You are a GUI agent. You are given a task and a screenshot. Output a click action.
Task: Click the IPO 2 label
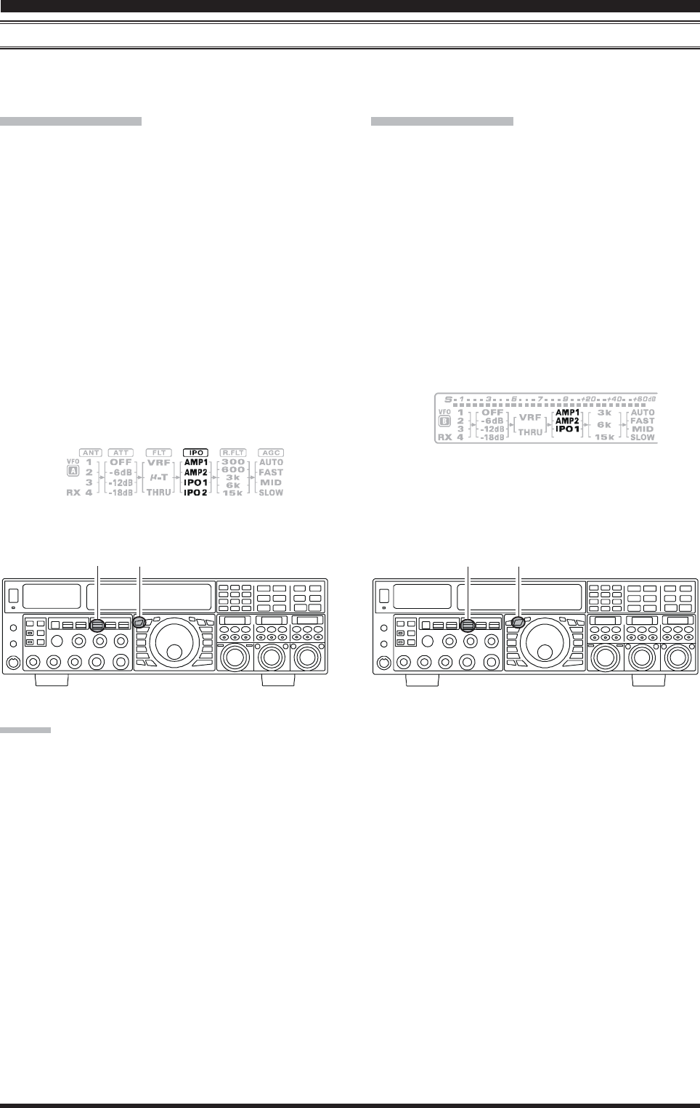[x=195, y=493]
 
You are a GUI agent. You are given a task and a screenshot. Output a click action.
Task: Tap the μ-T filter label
[x=159, y=477]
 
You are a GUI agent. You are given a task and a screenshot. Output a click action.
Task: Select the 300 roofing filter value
[x=233, y=462]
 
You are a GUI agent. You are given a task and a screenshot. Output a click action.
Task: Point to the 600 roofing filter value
[x=233, y=469]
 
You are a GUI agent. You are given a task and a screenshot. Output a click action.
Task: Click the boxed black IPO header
[x=196, y=453]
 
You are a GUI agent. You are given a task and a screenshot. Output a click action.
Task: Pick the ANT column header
[x=91, y=453]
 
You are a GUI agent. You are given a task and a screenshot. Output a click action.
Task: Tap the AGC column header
[x=271, y=453]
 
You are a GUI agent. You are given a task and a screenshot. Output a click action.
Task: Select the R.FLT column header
[x=233, y=453]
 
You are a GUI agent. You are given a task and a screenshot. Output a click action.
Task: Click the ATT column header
[x=121, y=453]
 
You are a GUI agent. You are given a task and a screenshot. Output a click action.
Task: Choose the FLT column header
[x=159, y=453]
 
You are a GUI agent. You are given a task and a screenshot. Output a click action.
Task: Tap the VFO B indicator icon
[x=445, y=421]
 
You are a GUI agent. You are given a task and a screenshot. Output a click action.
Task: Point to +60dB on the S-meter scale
[x=644, y=399]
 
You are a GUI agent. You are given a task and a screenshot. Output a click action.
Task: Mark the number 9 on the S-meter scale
[x=565, y=399]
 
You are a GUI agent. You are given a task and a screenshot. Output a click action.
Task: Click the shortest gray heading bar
[x=25, y=729]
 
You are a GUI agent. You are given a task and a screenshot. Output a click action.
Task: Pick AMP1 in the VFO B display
[x=567, y=413]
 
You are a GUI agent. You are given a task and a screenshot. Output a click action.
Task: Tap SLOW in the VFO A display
[x=271, y=493]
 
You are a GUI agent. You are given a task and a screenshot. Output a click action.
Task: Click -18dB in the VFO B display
[x=492, y=437]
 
